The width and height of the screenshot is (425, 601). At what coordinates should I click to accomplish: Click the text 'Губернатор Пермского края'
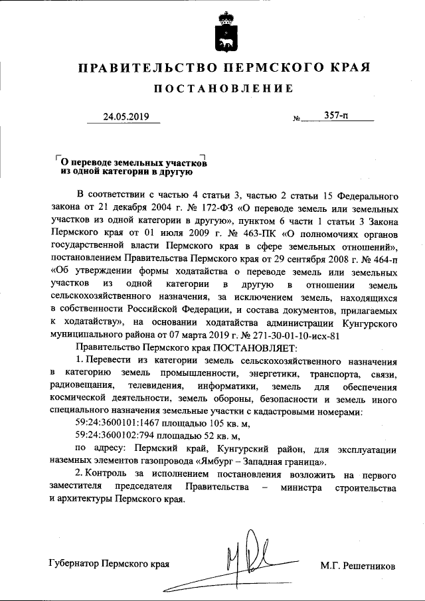pyautogui.click(x=110, y=566)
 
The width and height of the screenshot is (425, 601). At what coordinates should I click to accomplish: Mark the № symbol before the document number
pyautogui.click(x=297, y=120)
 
